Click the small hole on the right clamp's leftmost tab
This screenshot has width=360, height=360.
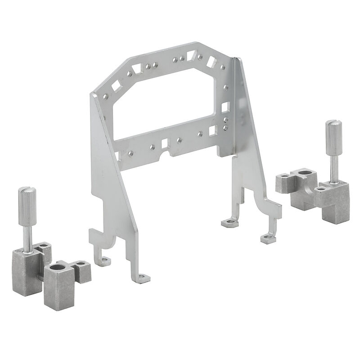(x=285, y=178)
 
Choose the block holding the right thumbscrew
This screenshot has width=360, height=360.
(x=333, y=193)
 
